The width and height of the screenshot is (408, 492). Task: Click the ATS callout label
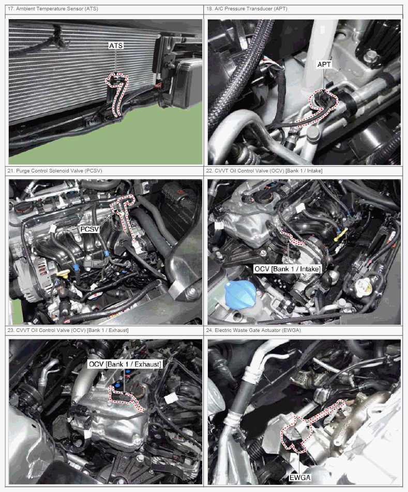116,46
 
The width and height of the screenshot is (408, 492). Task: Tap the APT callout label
324,64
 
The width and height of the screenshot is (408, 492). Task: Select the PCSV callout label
89,229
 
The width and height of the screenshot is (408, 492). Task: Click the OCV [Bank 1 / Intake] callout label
287,269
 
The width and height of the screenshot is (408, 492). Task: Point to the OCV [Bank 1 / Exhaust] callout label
125,364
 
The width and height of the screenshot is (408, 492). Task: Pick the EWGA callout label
299,477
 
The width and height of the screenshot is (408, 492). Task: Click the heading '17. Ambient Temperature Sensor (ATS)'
53,9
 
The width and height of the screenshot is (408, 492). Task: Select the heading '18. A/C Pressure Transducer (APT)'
246,9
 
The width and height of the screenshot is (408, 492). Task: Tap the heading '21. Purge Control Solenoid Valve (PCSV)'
55,171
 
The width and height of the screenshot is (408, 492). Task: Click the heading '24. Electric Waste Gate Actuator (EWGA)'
253,330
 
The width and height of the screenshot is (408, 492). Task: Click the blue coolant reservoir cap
239,294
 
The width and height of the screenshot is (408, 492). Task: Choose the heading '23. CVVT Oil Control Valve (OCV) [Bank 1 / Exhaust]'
68,330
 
